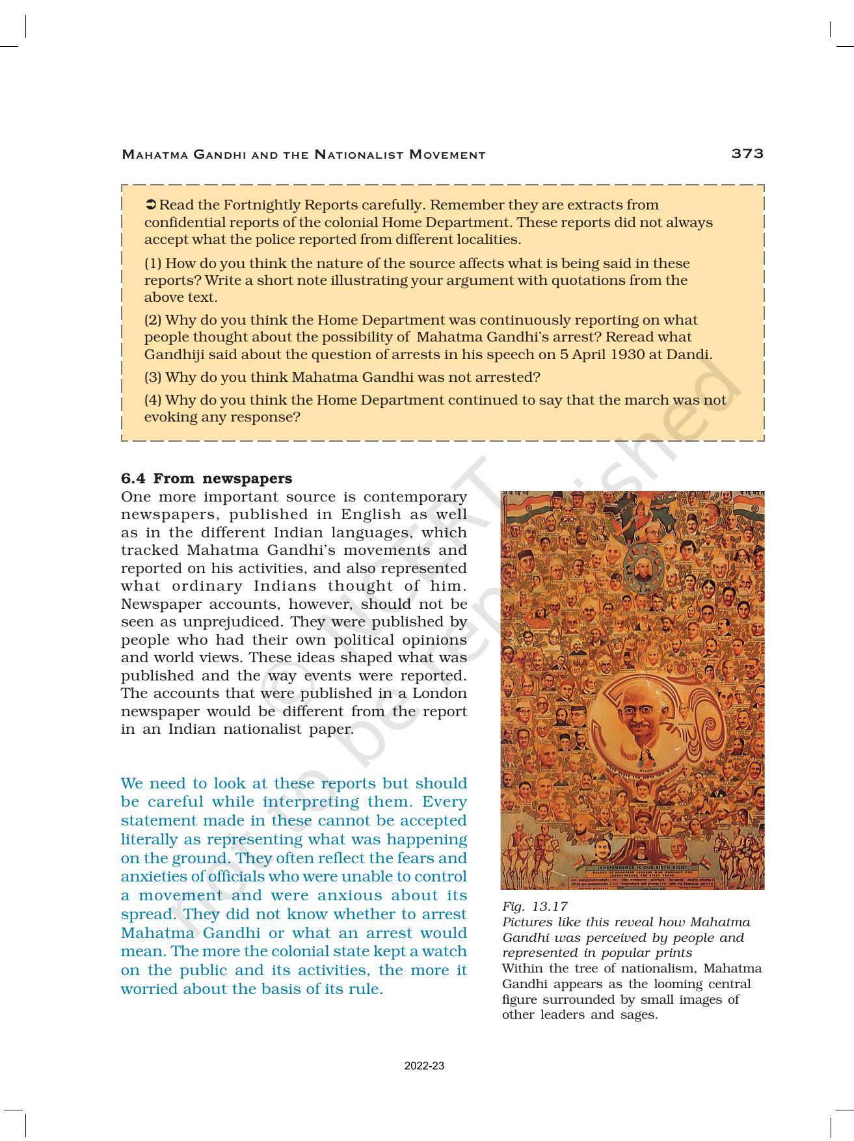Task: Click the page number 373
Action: [x=747, y=154]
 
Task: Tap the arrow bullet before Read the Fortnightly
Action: [x=150, y=205]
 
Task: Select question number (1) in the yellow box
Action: [x=153, y=263]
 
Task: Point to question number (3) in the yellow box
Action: [x=153, y=377]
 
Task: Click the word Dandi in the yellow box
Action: [x=692, y=355]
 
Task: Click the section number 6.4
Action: [x=133, y=479]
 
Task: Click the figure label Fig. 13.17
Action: [x=535, y=906]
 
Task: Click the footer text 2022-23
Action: [x=424, y=1066]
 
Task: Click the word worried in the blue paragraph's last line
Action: [x=150, y=989]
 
